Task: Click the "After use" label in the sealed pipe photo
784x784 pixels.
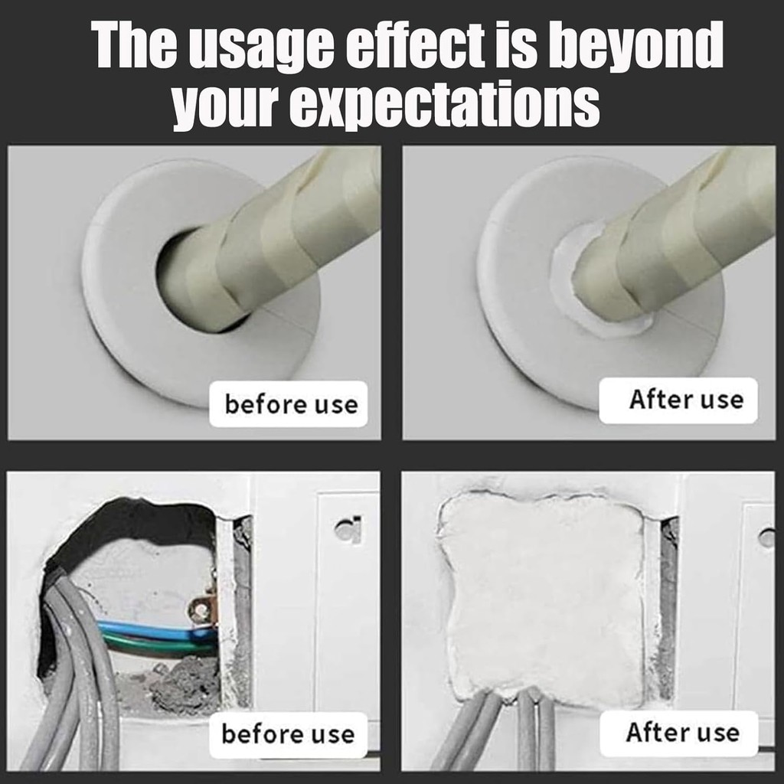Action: [x=686, y=400]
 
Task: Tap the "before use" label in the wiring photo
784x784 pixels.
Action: [x=288, y=734]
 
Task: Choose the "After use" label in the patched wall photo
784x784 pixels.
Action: [x=682, y=732]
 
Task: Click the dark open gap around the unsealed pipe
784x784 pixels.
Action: [x=170, y=270]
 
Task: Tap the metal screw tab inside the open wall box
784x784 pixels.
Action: [x=202, y=610]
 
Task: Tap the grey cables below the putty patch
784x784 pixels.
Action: [x=505, y=730]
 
